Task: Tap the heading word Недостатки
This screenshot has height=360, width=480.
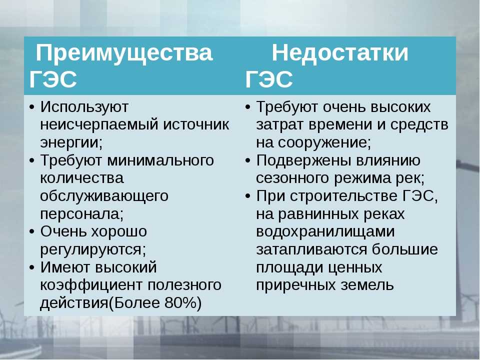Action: [340, 53]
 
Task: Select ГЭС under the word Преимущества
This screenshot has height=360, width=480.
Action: [53, 79]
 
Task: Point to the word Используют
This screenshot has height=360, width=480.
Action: [84, 107]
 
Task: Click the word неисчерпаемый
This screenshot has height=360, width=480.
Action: [99, 125]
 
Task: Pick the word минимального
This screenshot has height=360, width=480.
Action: [160, 160]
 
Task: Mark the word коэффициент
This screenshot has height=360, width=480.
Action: [91, 285]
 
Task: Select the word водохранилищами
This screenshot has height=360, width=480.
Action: [325, 232]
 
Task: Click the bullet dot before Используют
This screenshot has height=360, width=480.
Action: [32, 108]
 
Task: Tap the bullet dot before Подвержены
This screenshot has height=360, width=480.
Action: [248, 161]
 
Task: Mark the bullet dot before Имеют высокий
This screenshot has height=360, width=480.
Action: [32, 268]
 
